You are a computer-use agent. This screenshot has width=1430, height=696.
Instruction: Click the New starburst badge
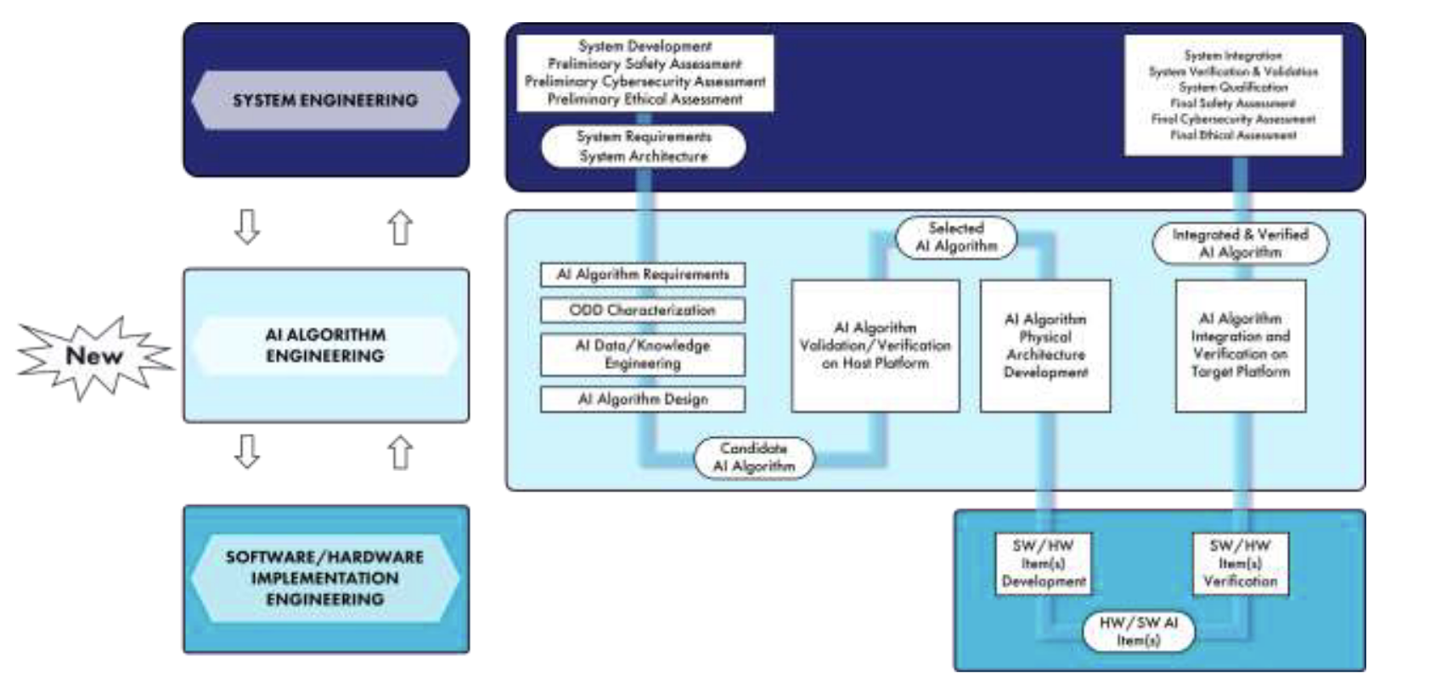coord(93,356)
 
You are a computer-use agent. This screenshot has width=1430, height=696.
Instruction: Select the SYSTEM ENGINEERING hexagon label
coord(325,100)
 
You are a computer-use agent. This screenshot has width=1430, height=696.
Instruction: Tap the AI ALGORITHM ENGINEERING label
coord(325,345)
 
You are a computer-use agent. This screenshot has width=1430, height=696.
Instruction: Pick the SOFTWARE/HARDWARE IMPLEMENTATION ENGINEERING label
coord(325,578)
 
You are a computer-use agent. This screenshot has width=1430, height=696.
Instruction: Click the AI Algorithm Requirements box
coord(643,275)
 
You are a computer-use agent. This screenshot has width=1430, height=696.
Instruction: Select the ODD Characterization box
coord(643,310)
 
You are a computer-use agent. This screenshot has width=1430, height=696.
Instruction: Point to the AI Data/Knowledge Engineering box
coord(643,354)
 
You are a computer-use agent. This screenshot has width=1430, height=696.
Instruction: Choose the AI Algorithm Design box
coord(643,399)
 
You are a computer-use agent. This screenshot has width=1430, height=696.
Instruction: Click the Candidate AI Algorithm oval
coord(754,457)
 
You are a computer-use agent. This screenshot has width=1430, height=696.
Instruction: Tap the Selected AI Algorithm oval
coord(956,237)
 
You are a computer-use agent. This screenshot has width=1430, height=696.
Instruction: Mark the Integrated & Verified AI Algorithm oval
coord(1240,243)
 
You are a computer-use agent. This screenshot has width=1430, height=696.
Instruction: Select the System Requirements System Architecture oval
coord(643,146)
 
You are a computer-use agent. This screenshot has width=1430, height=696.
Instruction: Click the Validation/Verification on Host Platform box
coord(875,345)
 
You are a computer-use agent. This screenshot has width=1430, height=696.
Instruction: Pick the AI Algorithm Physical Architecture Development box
coord(1045,345)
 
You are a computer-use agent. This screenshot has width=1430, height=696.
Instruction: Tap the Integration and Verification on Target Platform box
coord(1240,345)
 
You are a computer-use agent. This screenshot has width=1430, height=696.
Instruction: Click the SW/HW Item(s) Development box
coord(1044,563)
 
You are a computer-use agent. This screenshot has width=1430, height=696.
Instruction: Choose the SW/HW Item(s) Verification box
coord(1240,563)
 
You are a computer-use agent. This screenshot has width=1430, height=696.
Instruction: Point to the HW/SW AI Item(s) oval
coord(1138,631)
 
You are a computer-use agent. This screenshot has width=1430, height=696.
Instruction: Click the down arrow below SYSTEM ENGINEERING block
coord(247,227)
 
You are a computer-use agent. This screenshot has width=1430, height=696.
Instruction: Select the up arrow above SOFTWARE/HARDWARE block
coord(400,452)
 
